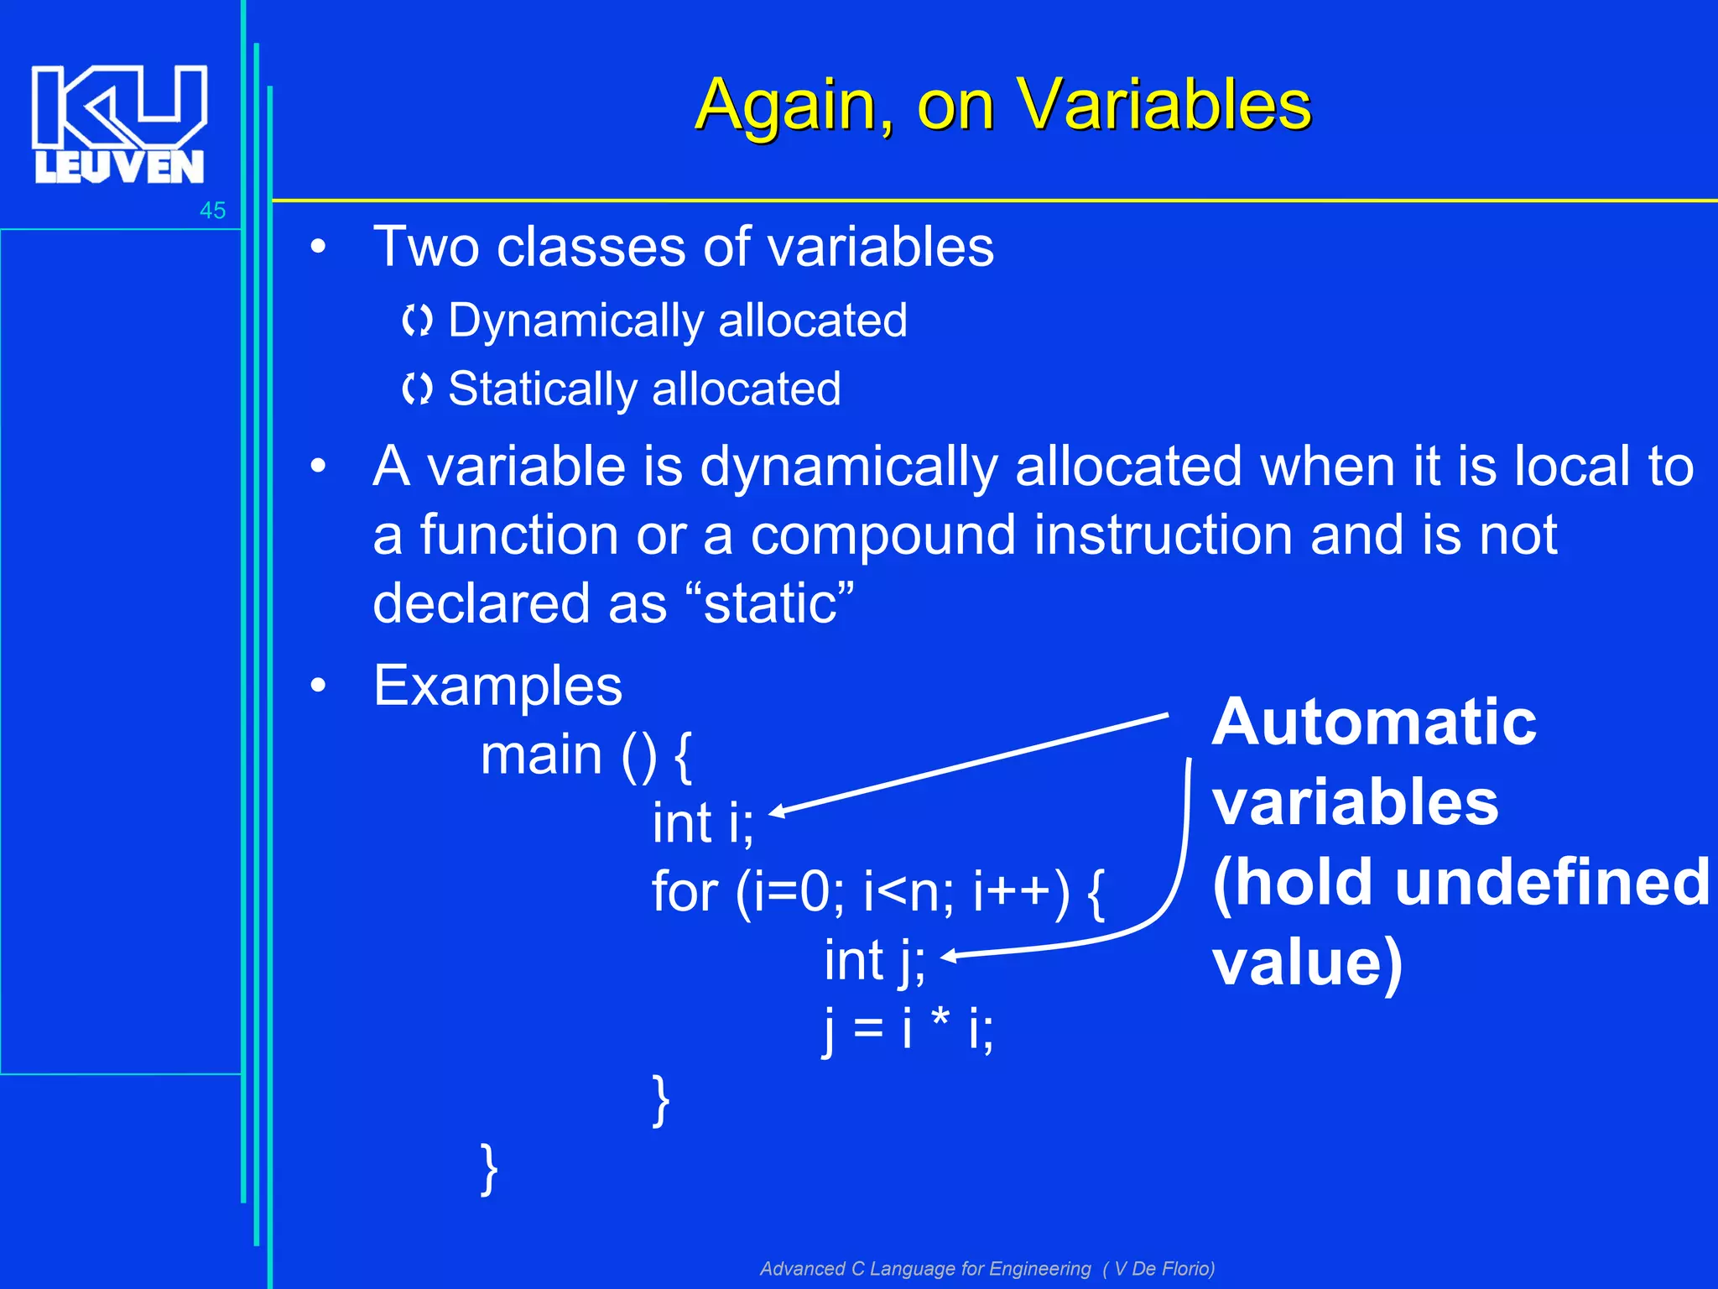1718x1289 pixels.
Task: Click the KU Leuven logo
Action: [x=119, y=124]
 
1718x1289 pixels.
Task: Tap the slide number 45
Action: [x=212, y=211]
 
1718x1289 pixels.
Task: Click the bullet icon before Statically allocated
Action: [x=416, y=389]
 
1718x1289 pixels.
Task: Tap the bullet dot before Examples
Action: [x=317, y=686]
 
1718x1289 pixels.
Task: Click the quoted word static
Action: [x=770, y=603]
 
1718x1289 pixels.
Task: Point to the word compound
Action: [x=882, y=535]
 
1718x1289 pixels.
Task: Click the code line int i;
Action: [x=703, y=822]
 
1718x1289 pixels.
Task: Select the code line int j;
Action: [x=874, y=960]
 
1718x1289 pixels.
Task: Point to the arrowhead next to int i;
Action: [x=777, y=811]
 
